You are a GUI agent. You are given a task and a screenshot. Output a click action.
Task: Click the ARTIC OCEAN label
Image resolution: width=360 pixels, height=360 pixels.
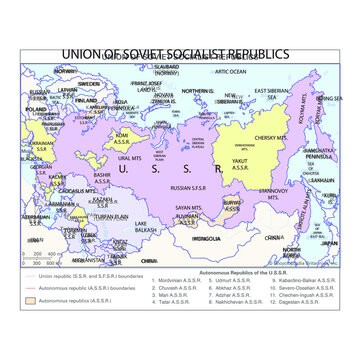(x=229, y=72)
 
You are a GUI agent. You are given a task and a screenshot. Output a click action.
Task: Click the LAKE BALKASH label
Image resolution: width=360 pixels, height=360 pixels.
(x=145, y=227)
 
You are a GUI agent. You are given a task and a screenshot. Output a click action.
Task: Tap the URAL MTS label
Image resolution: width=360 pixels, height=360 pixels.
(x=129, y=158)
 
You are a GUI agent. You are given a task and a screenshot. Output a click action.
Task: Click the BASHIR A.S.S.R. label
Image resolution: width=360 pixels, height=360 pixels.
(x=101, y=177)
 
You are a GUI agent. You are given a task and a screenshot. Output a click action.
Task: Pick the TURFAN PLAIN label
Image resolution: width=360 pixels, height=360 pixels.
(x=104, y=216)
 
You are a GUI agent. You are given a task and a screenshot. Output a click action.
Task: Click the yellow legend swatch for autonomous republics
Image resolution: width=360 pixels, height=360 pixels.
(x=29, y=299)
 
